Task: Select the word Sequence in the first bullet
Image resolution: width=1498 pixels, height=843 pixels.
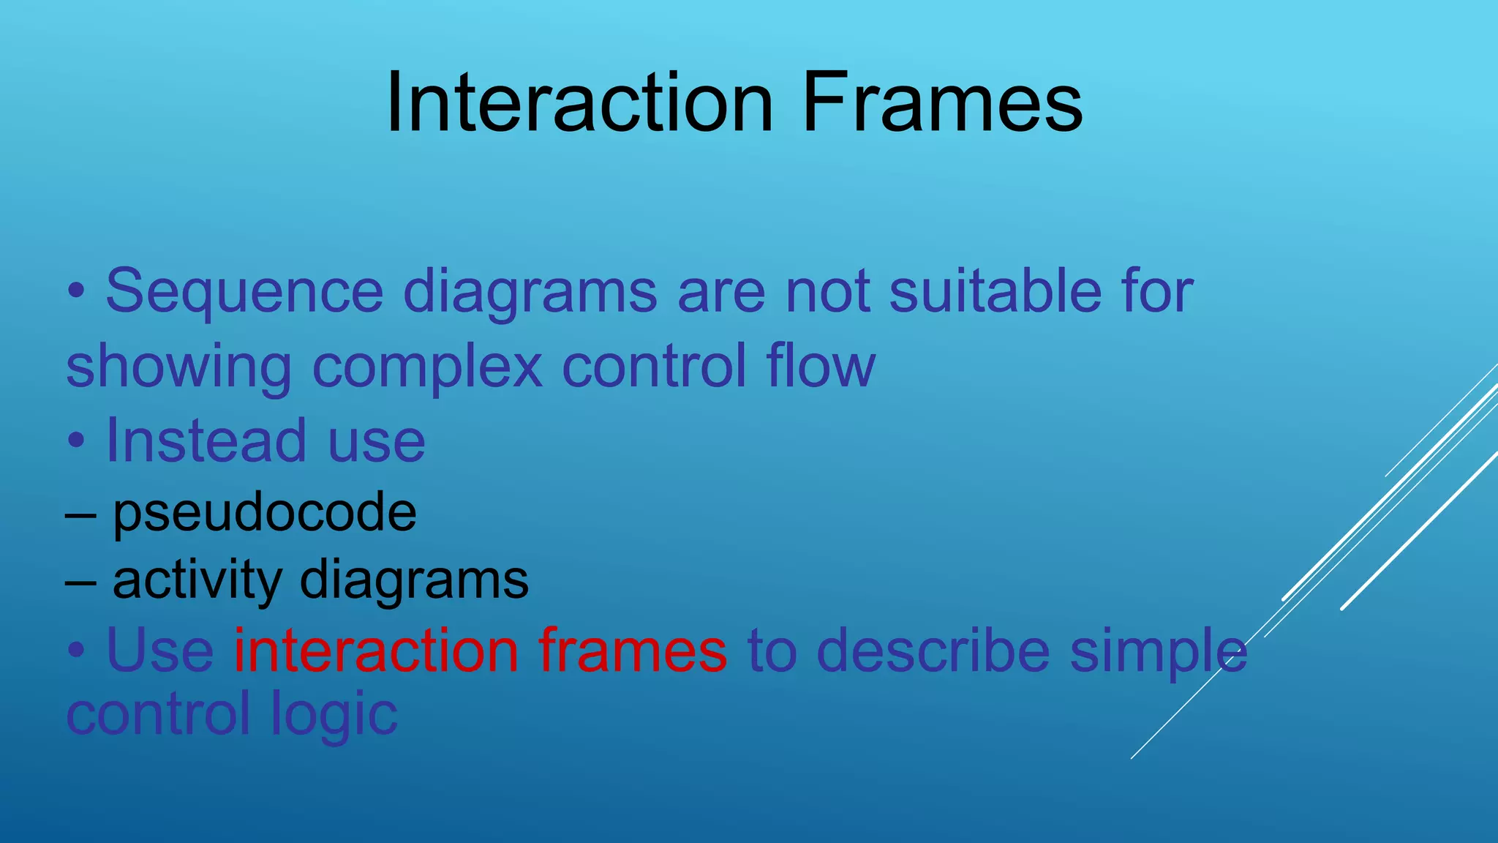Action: (244, 292)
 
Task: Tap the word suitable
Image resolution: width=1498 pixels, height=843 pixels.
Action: (995, 291)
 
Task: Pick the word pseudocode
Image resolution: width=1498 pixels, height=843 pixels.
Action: (265, 512)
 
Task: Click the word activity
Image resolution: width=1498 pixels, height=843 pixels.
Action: (196, 580)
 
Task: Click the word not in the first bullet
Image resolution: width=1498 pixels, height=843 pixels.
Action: (827, 292)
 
